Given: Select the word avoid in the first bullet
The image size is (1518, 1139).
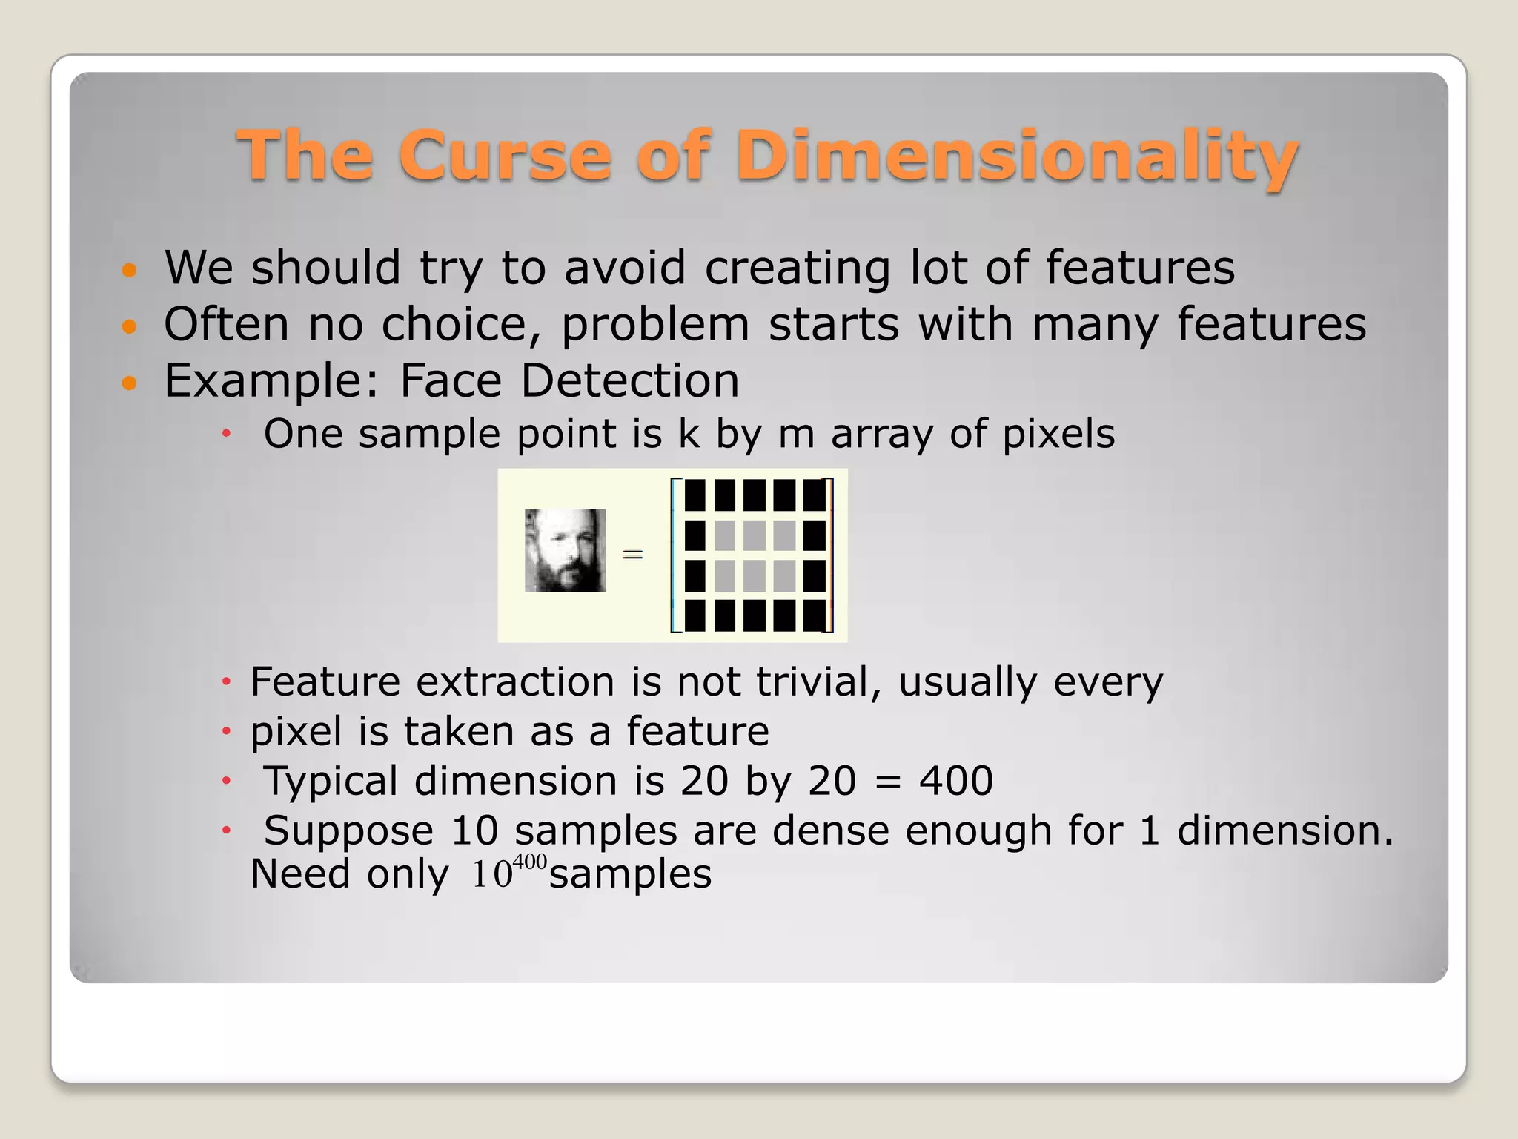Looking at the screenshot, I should [624, 268].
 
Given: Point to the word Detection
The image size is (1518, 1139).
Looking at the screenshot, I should [629, 380].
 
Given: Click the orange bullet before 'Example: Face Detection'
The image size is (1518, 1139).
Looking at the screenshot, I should [130, 383].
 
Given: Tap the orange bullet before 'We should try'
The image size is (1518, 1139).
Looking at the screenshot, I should [130, 269].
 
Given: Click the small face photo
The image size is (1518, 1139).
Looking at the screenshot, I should [565, 550].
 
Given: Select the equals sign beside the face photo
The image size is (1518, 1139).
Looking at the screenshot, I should [632, 554].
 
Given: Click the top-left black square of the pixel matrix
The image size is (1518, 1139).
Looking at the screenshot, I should [695, 495].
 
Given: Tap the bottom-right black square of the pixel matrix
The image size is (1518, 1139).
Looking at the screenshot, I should [814, 615].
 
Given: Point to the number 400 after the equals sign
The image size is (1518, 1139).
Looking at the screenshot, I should [955, 781].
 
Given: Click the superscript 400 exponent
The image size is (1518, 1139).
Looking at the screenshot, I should [529, 862].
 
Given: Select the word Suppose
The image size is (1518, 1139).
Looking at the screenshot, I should [348, 831].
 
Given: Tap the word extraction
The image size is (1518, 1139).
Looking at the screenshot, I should [515, 681].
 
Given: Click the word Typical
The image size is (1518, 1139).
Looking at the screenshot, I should [331, 782].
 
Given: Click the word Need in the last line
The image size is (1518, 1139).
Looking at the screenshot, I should [300, 874].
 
